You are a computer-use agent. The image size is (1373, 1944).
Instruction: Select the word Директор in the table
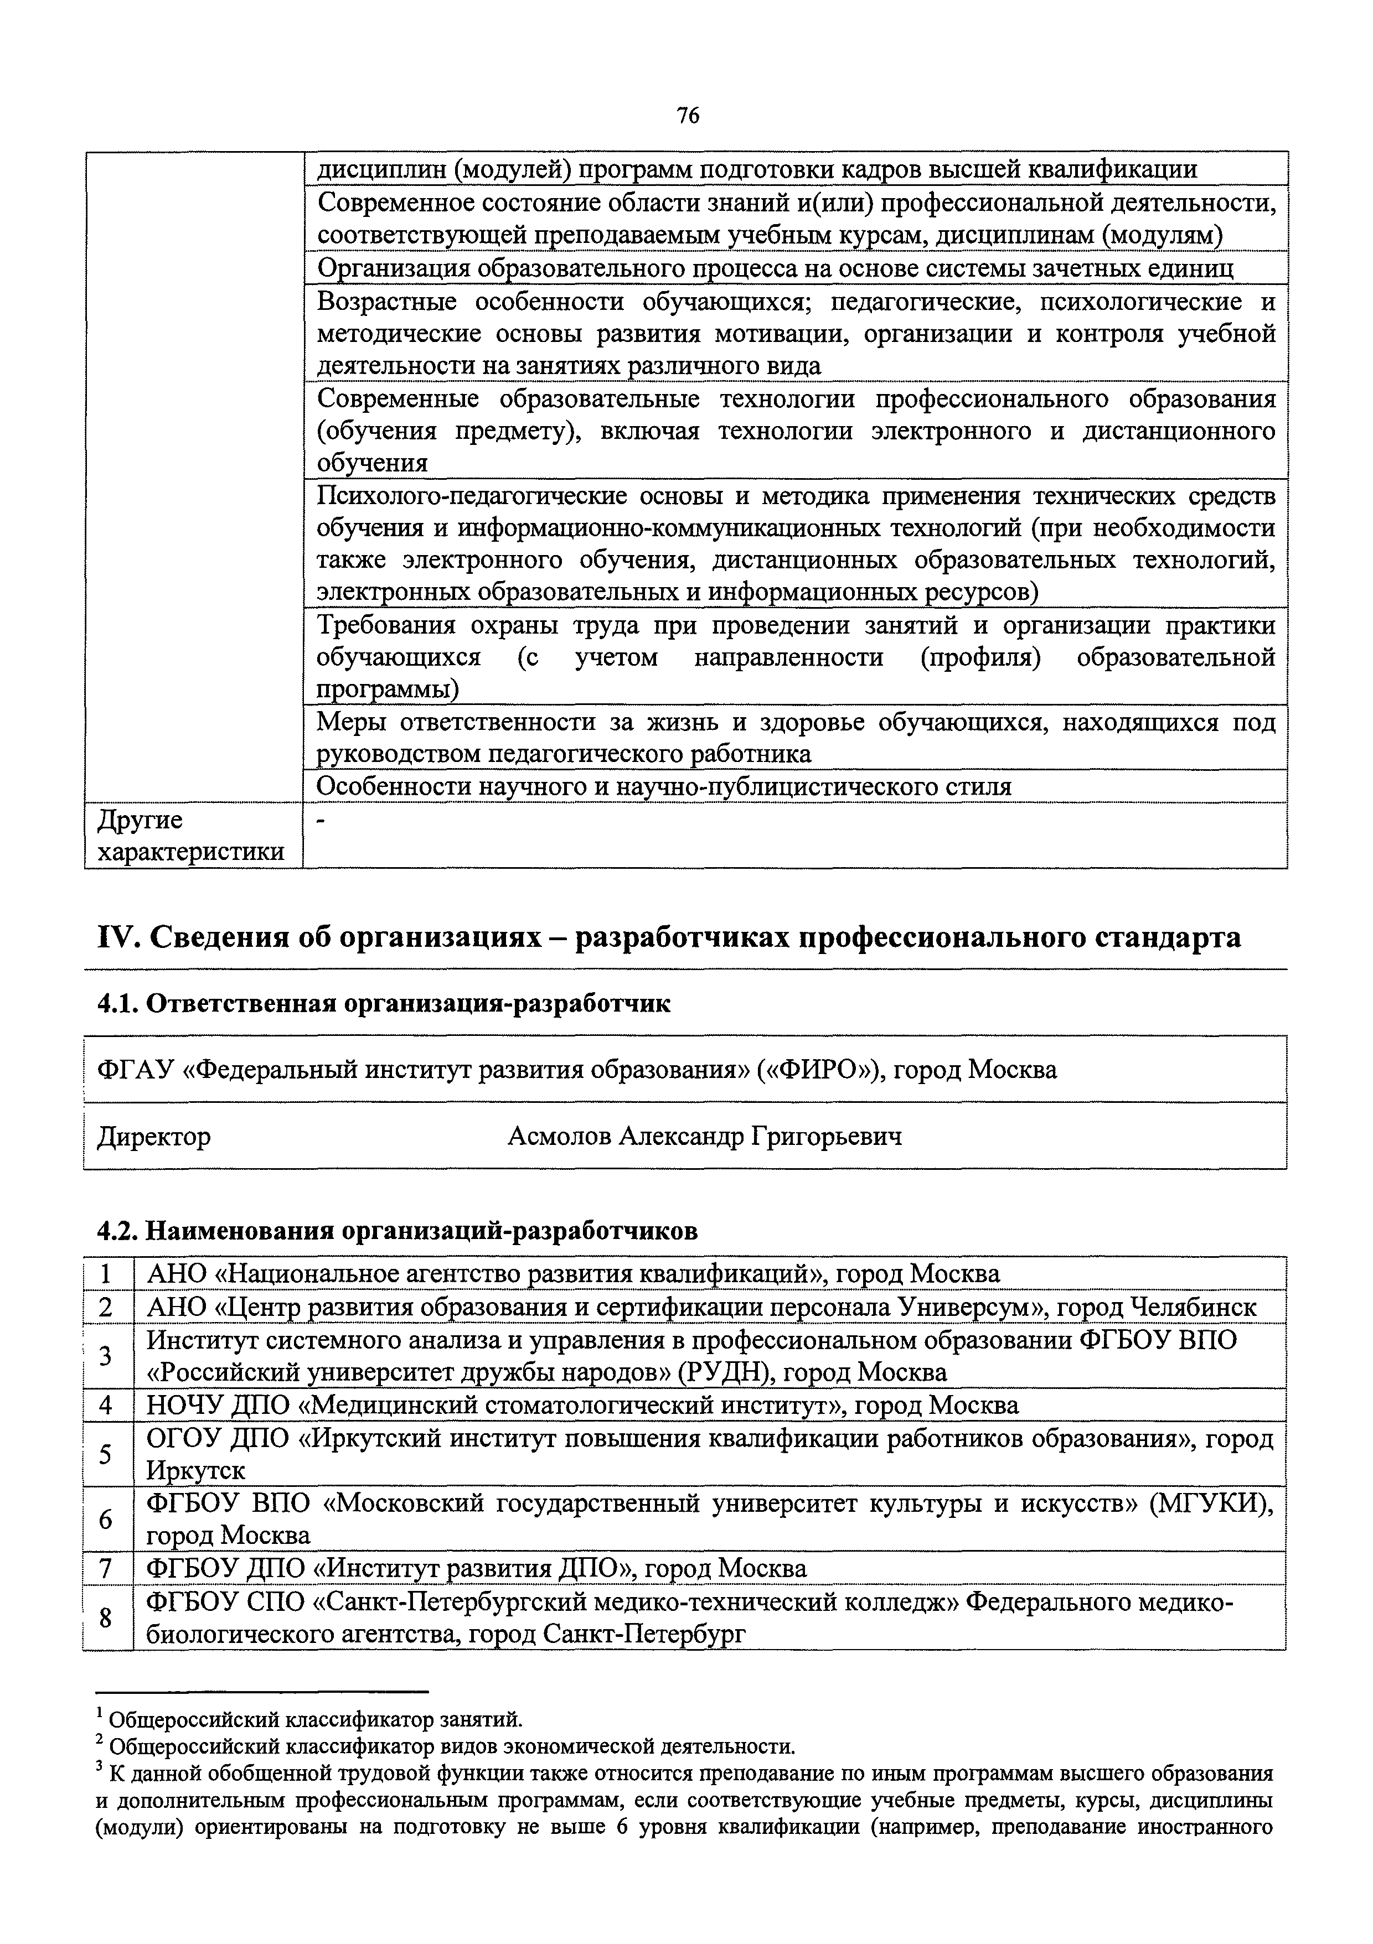tap(154, 1136)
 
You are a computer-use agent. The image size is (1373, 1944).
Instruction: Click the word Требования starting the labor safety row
tap(385, 626)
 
